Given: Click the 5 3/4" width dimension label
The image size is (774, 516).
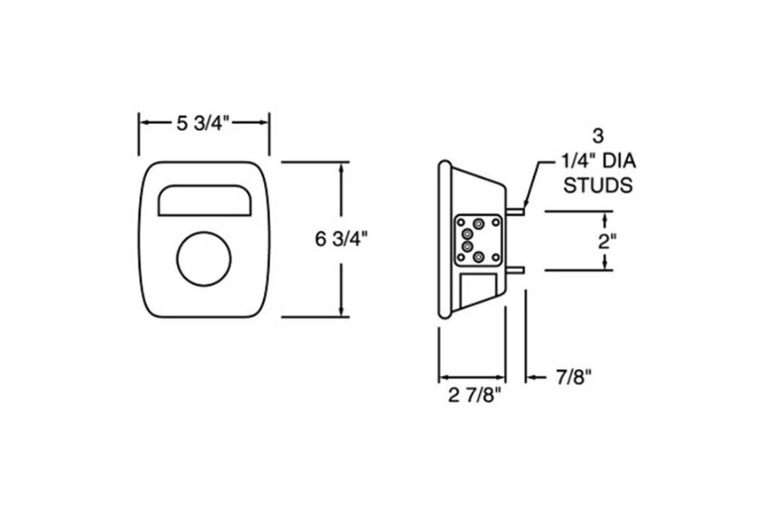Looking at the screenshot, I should click(205, 124).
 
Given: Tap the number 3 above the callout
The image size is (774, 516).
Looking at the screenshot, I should click(598, 136).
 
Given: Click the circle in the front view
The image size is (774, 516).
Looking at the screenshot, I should click(204, 259).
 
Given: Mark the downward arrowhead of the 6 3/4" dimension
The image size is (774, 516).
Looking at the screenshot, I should click(343, 311).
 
